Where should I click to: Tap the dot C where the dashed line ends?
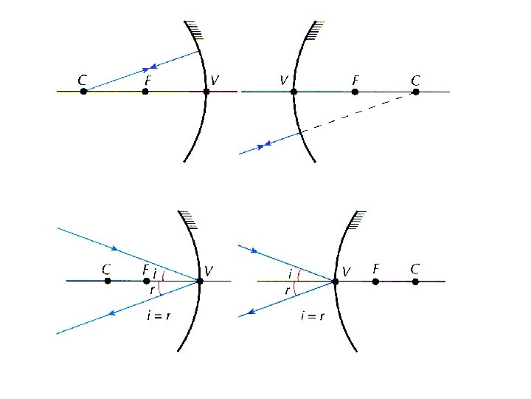coord(416,92)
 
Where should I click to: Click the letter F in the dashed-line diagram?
coord(355,78)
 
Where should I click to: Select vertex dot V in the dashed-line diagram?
coord(294,92)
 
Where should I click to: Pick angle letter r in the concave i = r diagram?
coord(152,290)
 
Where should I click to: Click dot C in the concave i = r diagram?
coord(108,281)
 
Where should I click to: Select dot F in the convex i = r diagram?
coord(375,281)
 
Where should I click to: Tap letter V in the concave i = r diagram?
coord(209,270)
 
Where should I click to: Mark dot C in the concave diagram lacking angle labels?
coord(83,92)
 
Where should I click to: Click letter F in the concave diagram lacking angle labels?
coord(147,78)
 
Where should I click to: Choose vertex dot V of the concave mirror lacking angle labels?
coord(206,92)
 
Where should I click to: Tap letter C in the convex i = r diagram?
coord(417,267)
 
